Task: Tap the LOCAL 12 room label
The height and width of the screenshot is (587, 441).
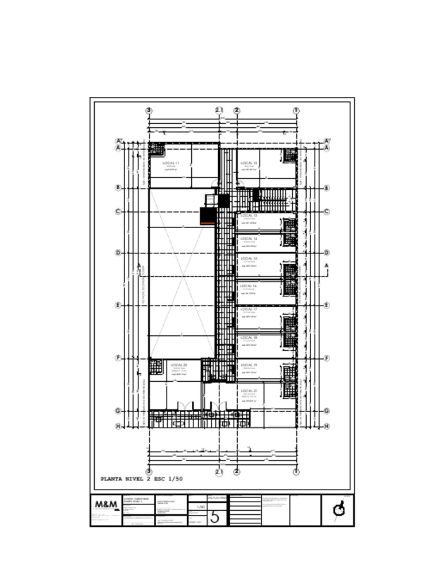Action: pyautogui.click(x=249, y=163)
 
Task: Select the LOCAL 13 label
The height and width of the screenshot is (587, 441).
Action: pyautogui.click(x=249, y=216)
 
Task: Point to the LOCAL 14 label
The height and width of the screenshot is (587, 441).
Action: pyautogui.click(x=249, y=238)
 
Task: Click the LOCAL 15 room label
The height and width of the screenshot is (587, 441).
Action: pyautogui.click(x=249, y=259)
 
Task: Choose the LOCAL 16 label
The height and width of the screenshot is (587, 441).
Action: pyautogui.click(x=249, y=285)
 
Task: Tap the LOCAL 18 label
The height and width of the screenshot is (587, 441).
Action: pyautogui.click(x=249, y=338)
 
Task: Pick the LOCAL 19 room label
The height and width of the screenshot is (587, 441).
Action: pyautogui.click(x=249, y=365)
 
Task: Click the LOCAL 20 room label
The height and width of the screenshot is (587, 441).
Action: pyautogui.click(x=179, y=365)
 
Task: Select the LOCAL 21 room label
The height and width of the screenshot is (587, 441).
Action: pyautogui.click(x=249, y=391)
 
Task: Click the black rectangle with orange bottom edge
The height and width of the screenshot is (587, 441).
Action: pyautogui.click(x=207, y=216)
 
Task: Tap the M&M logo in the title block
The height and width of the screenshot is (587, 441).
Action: pyautogui.click(x=106, y=505)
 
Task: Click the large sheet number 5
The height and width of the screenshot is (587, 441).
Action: pyautogui.click(x=215, y=517)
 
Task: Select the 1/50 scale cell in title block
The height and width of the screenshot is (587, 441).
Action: pyautogui.click(x=201, y=507)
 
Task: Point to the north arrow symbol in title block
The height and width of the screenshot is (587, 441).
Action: pyautogui.click(x=339, y=509)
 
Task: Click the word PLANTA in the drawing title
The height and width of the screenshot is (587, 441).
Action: pyautogui.click(x=111, y=479)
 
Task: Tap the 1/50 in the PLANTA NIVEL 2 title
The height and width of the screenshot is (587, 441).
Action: pyautogui.click(x=175, y=479)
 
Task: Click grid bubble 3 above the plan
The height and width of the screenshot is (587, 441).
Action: pyautogui.click(x=149, y=111)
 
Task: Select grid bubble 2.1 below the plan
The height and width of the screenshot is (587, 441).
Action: pyautogui.click(x=219, y=472)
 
